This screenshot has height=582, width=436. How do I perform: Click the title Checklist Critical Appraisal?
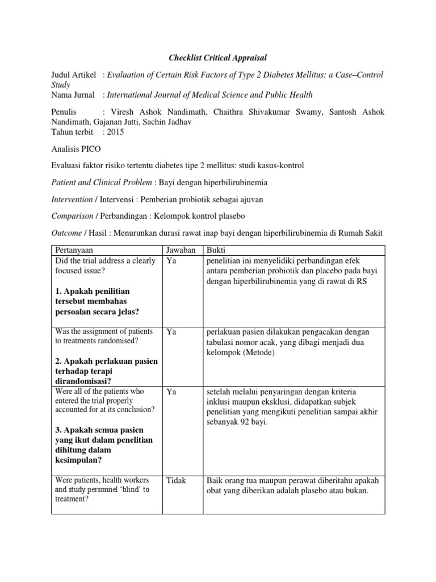(x=218, y=58)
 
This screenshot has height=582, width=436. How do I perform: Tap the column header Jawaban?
(x=181, y=250)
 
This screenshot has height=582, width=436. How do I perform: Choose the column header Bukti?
(x=216, y=250)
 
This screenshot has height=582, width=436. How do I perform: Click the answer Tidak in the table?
(x=177, y=481)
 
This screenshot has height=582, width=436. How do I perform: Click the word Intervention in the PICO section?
(x=72, y=199)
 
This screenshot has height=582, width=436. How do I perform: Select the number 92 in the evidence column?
(x=244, y=422)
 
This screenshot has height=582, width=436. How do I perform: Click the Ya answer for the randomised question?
(x=171, y=331)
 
